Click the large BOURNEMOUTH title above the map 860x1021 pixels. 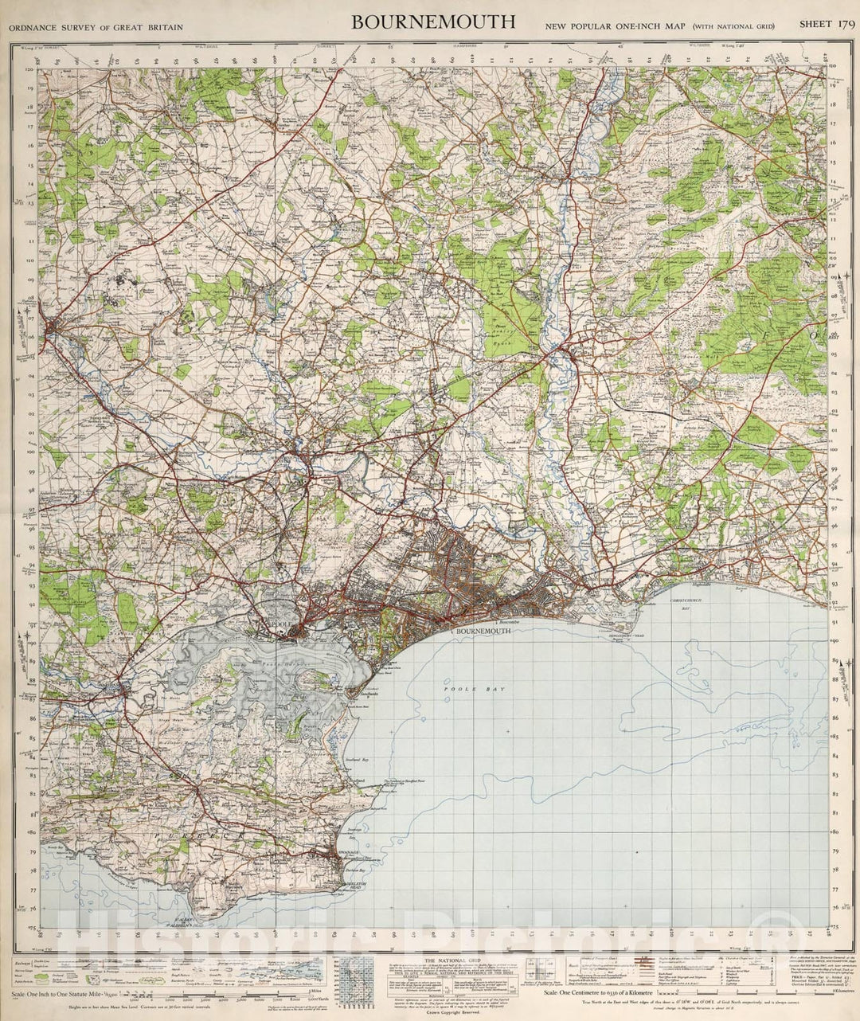coord(433,22)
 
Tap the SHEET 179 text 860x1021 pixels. coord(827,25)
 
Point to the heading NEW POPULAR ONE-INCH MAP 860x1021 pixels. coord(614,26)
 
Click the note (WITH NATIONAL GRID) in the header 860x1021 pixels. coord(732,27)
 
